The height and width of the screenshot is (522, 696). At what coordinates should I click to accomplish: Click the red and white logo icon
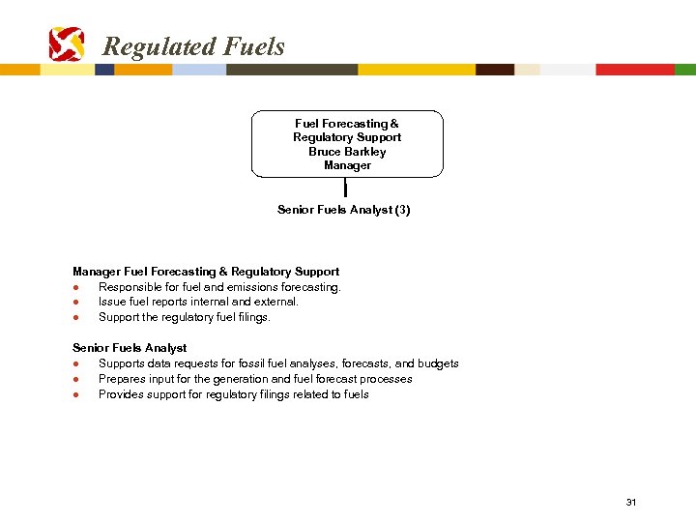tap(67, 44)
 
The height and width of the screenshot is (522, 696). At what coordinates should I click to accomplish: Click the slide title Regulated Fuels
tap(193, 46)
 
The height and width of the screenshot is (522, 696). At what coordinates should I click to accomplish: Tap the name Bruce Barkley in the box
tap(347, 152)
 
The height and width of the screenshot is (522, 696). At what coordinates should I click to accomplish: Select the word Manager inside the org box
tap(347, 165)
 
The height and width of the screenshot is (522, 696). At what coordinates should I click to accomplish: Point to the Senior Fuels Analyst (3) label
tap(343, 210)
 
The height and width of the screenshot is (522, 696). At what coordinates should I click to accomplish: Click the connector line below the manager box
tap(345, 188)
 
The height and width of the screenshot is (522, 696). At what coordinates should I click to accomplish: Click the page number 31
tap(631, 502)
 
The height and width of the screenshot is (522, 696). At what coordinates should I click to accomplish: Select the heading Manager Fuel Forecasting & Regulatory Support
tap(206, 272)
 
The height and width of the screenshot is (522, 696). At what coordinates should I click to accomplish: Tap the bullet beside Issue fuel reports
tap(75, 302)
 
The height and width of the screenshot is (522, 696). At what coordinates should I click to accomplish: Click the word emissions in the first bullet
tap(254, 287)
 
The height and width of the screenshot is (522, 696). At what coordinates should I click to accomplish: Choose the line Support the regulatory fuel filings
tap(185, 317)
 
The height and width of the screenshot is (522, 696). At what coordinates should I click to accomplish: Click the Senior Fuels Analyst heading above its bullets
tap(130, 347)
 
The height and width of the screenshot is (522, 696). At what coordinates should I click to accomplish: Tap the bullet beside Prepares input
tap(75, 379)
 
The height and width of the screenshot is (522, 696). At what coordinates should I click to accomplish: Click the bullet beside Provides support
tap(75, 394)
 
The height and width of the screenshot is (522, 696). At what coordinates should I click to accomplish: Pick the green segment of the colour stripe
tap(684, 70)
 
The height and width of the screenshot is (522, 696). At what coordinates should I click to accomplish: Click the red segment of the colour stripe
tap(634, 70)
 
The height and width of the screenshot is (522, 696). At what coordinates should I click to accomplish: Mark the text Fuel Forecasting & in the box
tap(347, 124)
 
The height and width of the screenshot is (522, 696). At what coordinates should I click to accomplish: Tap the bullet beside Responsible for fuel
tap(75, 287)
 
